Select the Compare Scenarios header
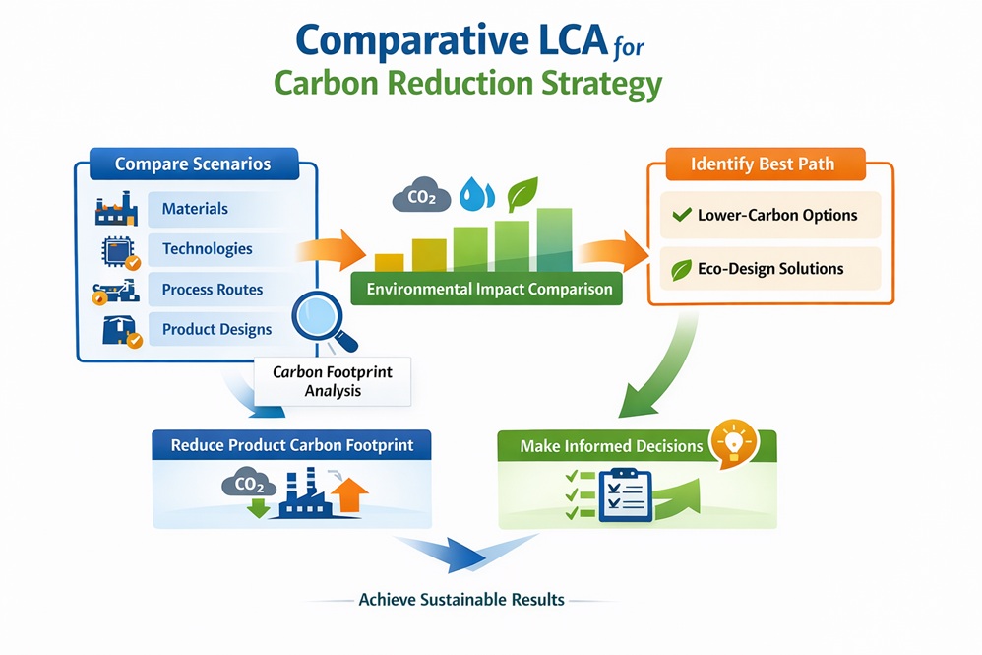coord(193,164)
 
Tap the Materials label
coord(195,209)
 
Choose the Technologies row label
coord(207,249)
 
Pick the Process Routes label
coord(213,290)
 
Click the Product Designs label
coord(216,329)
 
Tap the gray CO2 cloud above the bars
coord(421,197)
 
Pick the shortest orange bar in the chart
coord(390,262)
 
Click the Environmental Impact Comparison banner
coord(488,290)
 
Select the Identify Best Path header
coord(763,164)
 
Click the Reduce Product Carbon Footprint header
coord(292,445)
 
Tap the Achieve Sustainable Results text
coord(461,599)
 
